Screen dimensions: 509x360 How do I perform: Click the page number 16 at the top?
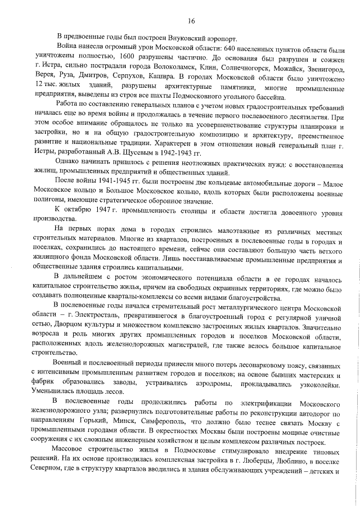tap(191, 21)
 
